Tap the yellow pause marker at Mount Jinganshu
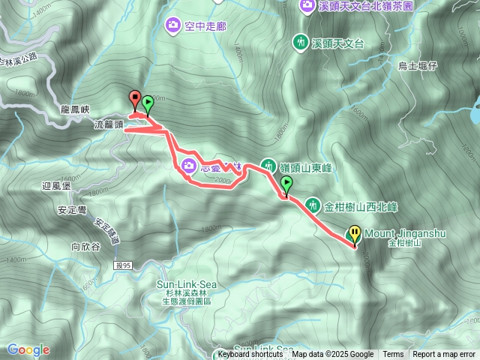click(x=354, y=235)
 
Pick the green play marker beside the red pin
click(x=148, y=103)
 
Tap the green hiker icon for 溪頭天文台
click(x=301, y=43)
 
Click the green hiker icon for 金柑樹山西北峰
click(x=313, y=204)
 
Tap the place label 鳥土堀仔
click(x=417, y=66)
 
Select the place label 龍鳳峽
click(x=76, y=109)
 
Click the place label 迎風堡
click(x=57, y=184)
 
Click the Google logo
click(x=28, y=349)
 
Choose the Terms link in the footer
click(x=392, y=355)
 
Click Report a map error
click(x=445, y=355)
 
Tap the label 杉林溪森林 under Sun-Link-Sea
click(x=187, y=293)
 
